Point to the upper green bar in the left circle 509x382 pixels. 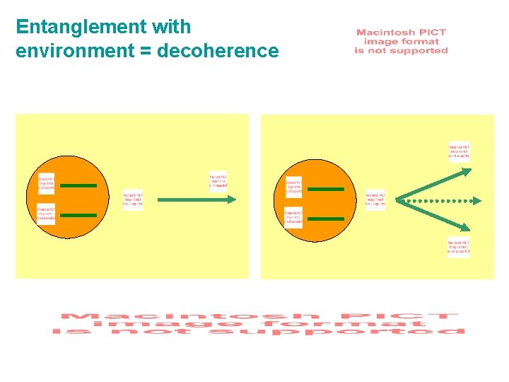[x=78, y=186]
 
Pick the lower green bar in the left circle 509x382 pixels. [x=78, y=215]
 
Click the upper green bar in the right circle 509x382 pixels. [x=326, y=189]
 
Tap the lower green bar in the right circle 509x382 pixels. [x=326, y=219]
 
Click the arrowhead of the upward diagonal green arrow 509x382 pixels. [x=466, y=170]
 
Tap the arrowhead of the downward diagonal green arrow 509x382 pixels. [x=466, y=228]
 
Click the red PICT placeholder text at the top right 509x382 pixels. [x=401, y=42]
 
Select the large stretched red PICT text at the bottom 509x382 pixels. [x=259, y=323]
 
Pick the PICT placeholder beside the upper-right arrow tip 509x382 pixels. [x=459, y=150]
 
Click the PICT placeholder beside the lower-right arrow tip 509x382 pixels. [x=458, y=247]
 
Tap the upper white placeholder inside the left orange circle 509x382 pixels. [x=47, y=183]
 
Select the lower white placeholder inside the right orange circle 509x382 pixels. [x=293, y=217]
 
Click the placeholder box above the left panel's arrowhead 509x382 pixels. [x=218, y=183]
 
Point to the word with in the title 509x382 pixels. [x=172, y=27]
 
